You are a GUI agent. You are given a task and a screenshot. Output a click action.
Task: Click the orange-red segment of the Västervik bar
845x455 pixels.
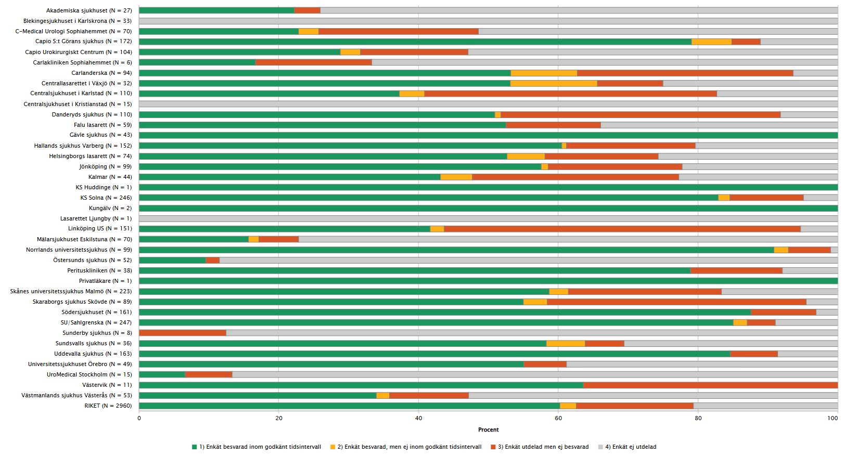[710, 385]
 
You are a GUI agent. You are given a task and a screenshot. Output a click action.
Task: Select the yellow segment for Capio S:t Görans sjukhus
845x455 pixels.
[711, 42]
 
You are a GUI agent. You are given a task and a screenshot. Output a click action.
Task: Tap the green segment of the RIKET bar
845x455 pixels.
[349, 406]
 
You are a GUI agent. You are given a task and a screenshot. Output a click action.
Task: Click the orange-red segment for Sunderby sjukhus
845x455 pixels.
[183, 333]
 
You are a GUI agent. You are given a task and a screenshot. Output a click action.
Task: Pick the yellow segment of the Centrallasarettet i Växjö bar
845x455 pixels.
[554, 83]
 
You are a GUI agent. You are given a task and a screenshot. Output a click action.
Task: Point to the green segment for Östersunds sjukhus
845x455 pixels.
[172, 260]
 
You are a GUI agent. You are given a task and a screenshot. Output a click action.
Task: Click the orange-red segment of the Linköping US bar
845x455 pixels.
[622, 229]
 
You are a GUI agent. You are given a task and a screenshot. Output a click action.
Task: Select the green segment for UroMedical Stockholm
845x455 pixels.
[162, 374]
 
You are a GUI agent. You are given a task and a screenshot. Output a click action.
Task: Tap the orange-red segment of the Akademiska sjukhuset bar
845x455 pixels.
[307, 10]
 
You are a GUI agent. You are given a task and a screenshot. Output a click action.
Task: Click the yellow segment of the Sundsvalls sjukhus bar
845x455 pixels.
[566, 343]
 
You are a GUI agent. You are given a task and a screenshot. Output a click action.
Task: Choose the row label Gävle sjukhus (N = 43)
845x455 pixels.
[100, 135]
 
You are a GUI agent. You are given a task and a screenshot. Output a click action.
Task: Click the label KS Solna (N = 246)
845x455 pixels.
[106, 198]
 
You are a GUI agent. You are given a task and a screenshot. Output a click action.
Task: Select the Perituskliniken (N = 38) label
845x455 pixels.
[99, 270]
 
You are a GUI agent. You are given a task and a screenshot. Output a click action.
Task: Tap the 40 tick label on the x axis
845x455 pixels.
[418, 418]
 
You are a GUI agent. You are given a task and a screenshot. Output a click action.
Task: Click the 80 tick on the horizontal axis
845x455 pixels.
[698, 418]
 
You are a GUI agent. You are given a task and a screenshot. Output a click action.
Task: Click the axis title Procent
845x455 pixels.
[488, 430]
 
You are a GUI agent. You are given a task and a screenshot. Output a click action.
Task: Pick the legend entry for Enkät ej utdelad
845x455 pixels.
[631, 447]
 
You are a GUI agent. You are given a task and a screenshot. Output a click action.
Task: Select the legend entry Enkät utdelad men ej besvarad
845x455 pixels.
[543, 447]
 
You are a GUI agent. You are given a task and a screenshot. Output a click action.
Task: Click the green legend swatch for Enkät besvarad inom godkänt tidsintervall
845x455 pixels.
[195, 447]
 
